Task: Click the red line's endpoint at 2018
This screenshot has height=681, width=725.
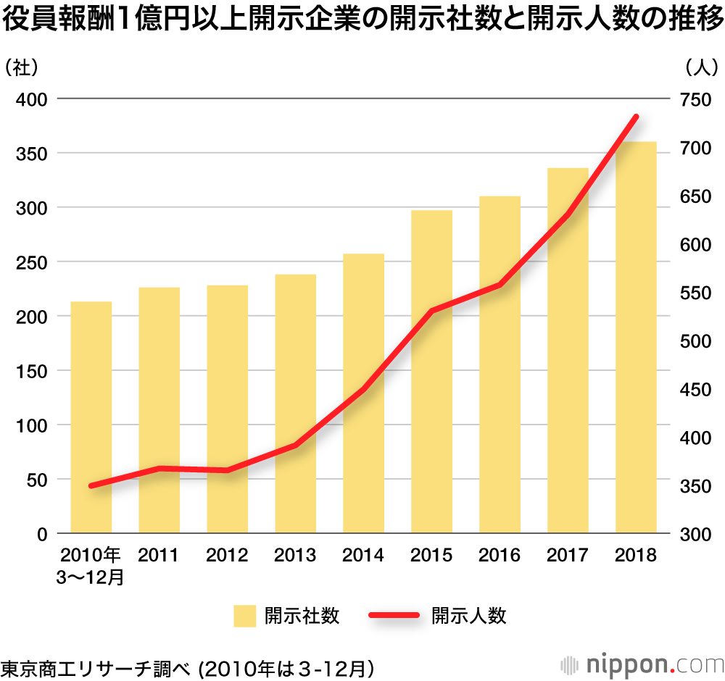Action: [636, 117]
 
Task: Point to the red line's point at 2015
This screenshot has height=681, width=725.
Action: [431, 312]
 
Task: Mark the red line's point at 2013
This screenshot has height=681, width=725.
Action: [296, 445]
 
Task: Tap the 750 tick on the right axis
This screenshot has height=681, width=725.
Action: [695, 100]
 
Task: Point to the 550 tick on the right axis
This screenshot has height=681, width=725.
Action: [695, 293]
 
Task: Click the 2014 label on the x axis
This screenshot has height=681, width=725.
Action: [363, 556]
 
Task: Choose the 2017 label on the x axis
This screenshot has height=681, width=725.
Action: [568, 556]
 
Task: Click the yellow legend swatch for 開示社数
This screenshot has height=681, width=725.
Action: [244, 617]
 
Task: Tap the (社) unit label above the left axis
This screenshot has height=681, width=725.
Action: [21, 67]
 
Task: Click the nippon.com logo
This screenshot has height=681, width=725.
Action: [642, 664]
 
